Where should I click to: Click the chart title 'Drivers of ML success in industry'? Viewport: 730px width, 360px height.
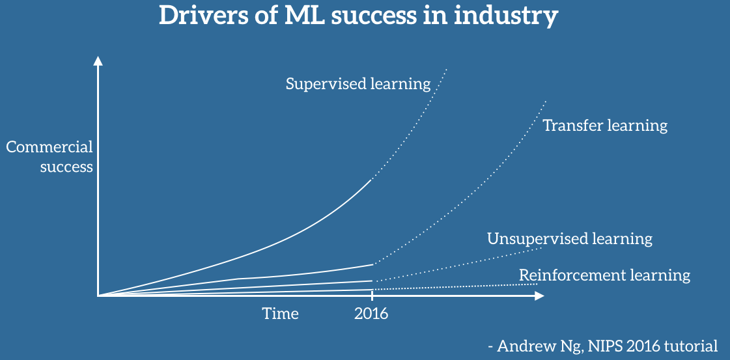(358, 16)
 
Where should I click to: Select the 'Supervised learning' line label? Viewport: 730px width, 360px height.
(358, 84)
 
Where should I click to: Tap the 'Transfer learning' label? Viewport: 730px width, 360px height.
(605, 125)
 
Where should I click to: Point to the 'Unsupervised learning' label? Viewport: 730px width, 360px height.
(569, 239)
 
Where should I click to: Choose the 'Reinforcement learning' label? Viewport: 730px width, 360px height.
(604, 275)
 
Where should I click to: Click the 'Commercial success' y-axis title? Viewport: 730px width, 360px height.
(50, 157)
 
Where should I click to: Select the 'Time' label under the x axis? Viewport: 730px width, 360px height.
(281, 314)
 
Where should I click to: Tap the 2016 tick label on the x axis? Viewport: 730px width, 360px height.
(371, 314)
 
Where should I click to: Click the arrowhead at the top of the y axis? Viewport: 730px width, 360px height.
(98, 61)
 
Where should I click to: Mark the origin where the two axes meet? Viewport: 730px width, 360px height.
(98, 296)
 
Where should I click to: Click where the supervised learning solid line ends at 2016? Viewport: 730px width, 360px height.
(372, 178)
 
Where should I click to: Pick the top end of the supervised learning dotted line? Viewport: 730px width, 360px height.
(447, 68)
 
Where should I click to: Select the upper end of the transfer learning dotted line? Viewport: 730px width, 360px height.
(545, 101)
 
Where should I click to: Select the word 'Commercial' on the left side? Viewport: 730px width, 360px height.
(50, 147)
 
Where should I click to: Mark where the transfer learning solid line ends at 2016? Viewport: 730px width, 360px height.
(373, 264)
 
